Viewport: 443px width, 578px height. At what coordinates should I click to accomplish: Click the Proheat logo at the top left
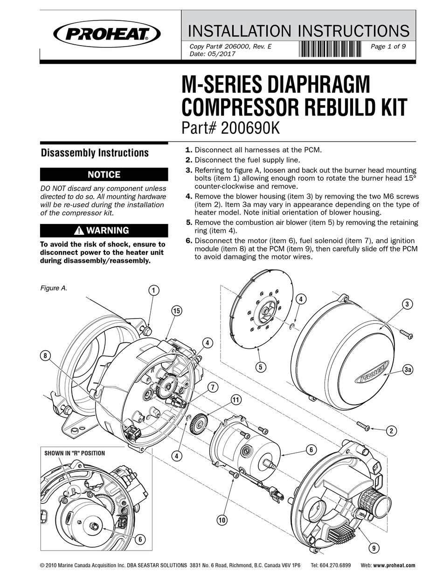[107, 33]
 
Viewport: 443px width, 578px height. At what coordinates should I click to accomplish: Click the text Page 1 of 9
[388, 46]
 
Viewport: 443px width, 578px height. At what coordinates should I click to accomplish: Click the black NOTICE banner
[104, 175]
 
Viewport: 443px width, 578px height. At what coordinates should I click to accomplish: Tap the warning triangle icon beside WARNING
[79, 231]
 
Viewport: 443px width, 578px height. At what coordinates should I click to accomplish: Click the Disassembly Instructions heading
[95, 153]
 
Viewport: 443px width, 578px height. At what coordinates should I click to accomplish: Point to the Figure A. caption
[53, 288]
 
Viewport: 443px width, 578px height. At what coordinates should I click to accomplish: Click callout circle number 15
[176, 311]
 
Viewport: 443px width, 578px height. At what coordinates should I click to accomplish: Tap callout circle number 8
[45, 356]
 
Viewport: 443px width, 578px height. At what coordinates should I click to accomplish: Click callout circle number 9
[373, 548]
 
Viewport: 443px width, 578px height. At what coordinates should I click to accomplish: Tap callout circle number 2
[392, 431]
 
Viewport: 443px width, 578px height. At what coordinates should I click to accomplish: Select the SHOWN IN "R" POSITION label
[75, 453]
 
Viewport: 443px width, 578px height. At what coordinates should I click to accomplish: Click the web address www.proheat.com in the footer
[394, 565]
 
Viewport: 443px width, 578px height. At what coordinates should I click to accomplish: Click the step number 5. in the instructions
[189, 223]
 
